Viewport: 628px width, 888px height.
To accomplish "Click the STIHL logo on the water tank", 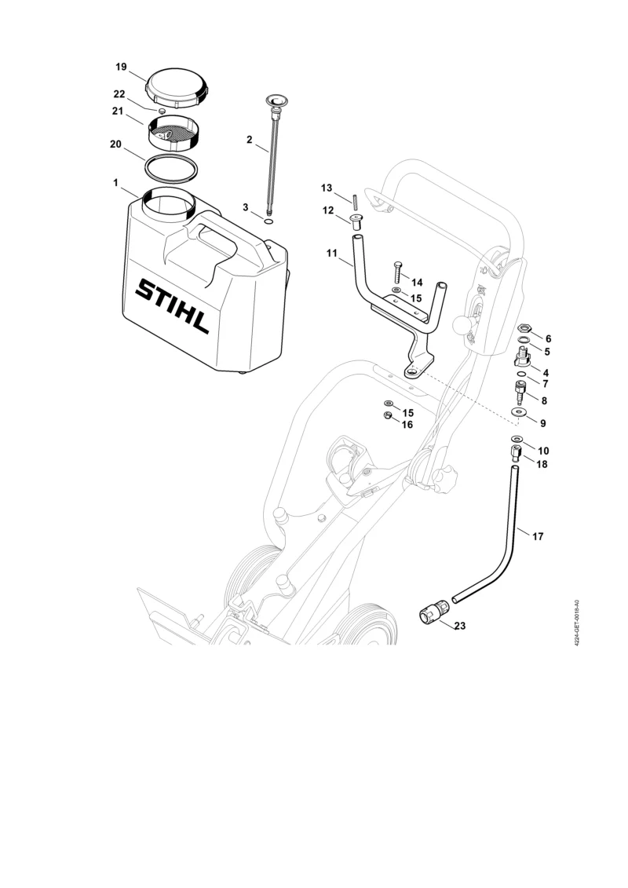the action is [x=172, y=306].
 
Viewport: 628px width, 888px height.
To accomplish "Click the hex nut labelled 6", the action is [x=524, y=328].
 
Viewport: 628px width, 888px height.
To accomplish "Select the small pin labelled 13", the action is [x=355, y=202].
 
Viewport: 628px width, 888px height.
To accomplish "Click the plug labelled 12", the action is [x=356, y=221].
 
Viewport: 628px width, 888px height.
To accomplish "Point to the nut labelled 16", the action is [x=388, y=416].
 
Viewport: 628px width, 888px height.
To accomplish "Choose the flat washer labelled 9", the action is [x=517, y=411].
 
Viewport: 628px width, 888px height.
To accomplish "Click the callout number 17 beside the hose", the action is [x=538, y=535].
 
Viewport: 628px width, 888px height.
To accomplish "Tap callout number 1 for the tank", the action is [x=115, y=183].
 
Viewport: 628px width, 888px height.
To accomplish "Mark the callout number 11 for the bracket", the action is [x=332, y=253].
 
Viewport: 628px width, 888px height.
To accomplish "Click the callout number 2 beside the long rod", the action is [x=249, y=139].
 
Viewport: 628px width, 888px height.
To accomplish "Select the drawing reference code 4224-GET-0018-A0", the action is [x=576, y=624].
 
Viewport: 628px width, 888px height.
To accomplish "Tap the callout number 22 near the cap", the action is [x=119, y=94].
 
